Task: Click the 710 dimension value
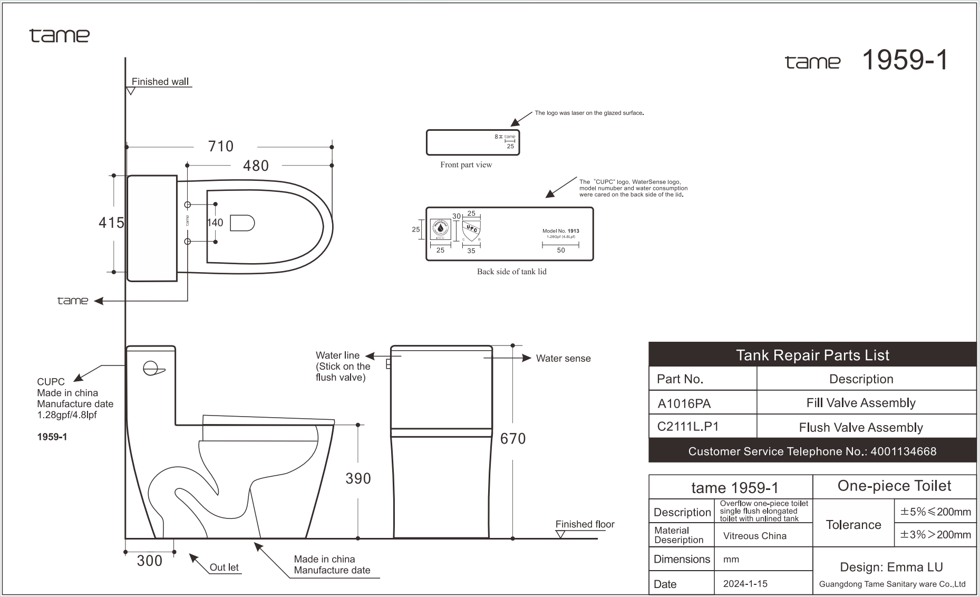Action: [x=220, y=146]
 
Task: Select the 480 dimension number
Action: [x=256, y=166]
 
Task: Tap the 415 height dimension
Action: [x=111, y=223]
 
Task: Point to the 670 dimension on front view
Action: [x=512, y=438]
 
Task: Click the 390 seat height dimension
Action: [x=358, y=478]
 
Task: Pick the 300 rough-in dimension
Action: [x=149, y=561]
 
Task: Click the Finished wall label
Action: [x=160, y=82]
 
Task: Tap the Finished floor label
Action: [x=585, y=524]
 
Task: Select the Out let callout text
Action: [x=224, y=567]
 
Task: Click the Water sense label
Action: [x=563, y=359]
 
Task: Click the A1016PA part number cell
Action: [x=684, y=403]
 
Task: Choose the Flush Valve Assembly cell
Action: [x=860, y=427]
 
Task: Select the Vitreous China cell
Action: [x=754, y=536]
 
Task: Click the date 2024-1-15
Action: [x=745, y=584]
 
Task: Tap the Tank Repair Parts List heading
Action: [x=812, y=355]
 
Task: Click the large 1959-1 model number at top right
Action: [x=904, y=60]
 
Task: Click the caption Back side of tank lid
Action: [x=511, y=272]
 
